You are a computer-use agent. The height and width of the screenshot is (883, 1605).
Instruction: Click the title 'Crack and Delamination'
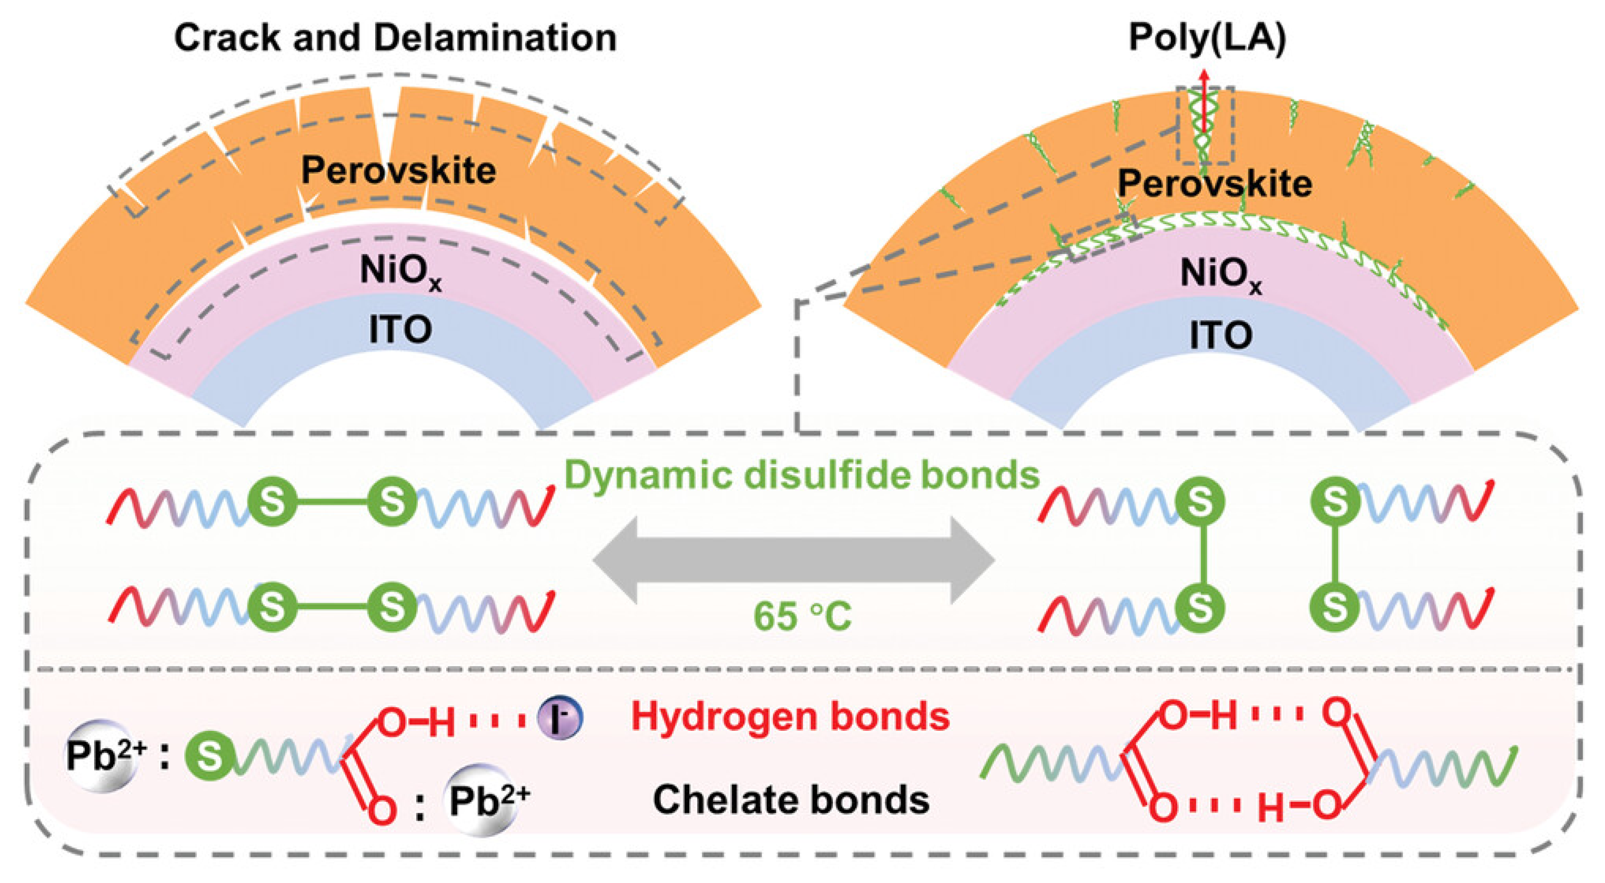point(395,37)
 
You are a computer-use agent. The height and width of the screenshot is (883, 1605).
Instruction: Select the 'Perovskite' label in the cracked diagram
point(399,170)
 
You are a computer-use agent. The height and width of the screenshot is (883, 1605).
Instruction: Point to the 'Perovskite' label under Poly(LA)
point(1215,184)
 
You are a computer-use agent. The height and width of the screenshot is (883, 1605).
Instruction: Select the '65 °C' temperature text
point(802,616)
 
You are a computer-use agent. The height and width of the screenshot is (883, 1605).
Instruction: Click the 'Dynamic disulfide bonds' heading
point(802,475)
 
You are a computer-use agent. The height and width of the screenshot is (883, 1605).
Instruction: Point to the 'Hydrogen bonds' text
point(790,716)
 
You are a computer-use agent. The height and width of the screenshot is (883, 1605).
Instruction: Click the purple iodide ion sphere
point(560,718)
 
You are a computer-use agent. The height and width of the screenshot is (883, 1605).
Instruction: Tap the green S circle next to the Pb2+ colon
point(210,756)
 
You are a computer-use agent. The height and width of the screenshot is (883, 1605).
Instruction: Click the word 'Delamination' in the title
point(496,37)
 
